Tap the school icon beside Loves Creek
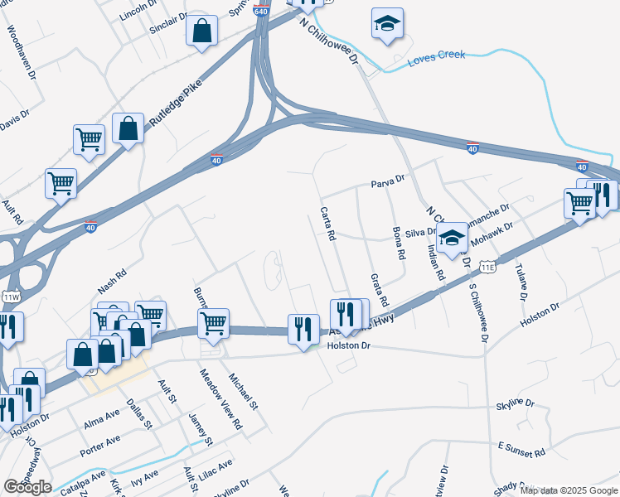(387, 25)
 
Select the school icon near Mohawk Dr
(452, 239)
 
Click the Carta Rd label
(327, 224)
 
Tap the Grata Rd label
(380, 291)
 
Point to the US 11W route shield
(11, 297)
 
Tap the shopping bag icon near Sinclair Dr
(201, 32)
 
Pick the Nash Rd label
(111, 281)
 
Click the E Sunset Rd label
(521, 450)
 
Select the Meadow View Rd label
(220, 398)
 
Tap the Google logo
(27, 487)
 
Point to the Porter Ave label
(100, 445)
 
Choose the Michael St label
(244, 391)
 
